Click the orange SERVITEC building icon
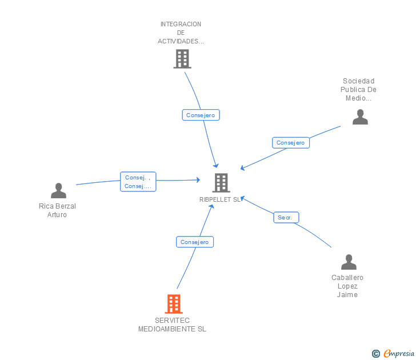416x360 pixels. pos(174,304)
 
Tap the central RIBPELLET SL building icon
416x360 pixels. pos(221,183)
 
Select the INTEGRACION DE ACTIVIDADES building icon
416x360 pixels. pos(182,59)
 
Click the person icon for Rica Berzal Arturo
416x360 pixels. pos(58,191)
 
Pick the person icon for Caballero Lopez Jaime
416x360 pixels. pos(349,262)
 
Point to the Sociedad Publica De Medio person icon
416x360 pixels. pos(360,117)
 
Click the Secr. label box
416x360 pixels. pos(285,217)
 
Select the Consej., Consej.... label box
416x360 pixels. pos(138,182)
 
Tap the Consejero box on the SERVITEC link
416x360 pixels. pos(195,242)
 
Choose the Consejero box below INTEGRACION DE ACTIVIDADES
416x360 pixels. pos(201,115)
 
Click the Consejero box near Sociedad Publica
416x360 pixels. pos(290,143)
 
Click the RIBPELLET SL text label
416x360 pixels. pos(220,200)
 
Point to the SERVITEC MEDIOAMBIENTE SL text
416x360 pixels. pos(172,325)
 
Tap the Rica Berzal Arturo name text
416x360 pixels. pos(57,210)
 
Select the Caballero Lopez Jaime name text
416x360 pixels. pos(347,286)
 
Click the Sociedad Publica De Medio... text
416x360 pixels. pos(359,90)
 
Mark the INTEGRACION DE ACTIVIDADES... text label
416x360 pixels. pos(181,33)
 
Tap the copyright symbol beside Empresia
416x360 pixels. pos(375,354)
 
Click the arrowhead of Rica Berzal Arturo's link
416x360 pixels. pos(198,179)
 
